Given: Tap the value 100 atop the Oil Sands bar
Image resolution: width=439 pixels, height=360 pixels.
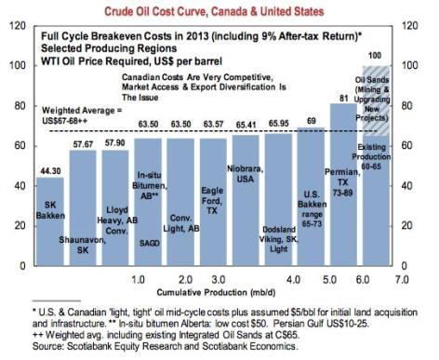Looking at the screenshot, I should [402, 57].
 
